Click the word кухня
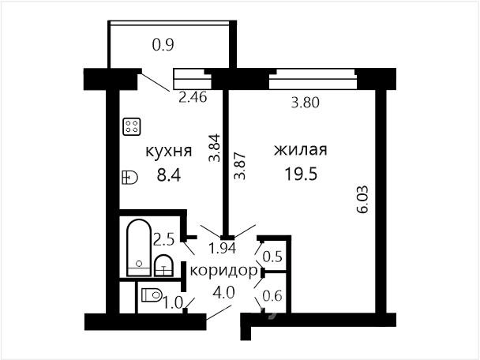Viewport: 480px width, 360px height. click(169, 152)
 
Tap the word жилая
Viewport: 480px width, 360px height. click(301, 150)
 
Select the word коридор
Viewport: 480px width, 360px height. click(223, 272)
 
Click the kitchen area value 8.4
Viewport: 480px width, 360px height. click(169, 175)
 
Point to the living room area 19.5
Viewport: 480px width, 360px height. click(301, 174)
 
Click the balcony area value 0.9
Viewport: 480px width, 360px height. click(163, 45)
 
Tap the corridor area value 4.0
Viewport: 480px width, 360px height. click(223, 293)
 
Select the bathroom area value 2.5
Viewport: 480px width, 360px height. click(163, 239)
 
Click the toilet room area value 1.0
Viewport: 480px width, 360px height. click(173, 303)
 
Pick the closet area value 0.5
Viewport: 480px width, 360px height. click(272, 257)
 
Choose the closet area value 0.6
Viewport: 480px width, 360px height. click(272, 296)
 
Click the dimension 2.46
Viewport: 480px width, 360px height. click(193, 97)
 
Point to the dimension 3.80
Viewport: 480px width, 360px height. click(306, 103)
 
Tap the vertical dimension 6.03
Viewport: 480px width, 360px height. click(362, 199)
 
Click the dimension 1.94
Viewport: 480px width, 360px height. click(222, 248)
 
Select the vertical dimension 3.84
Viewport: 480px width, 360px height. click(214, 148)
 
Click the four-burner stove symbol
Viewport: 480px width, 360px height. click(132, 126)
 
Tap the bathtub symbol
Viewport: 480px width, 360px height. click(139, 248)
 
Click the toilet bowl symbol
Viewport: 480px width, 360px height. click(152, 294)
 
